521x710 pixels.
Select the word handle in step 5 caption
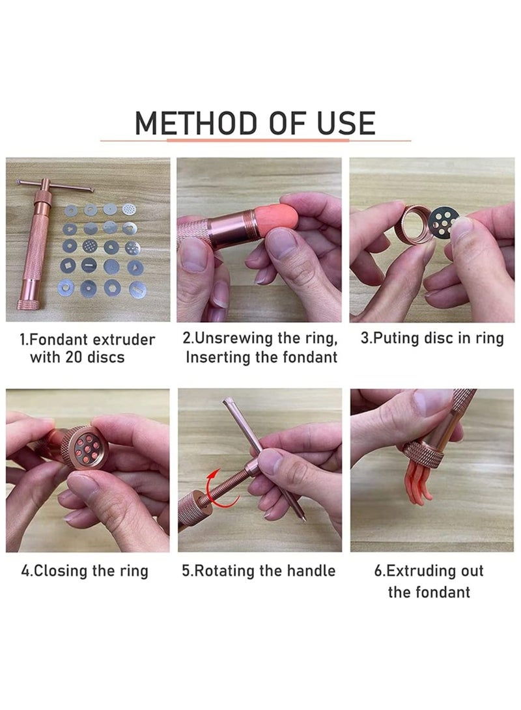tap(311, 571)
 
